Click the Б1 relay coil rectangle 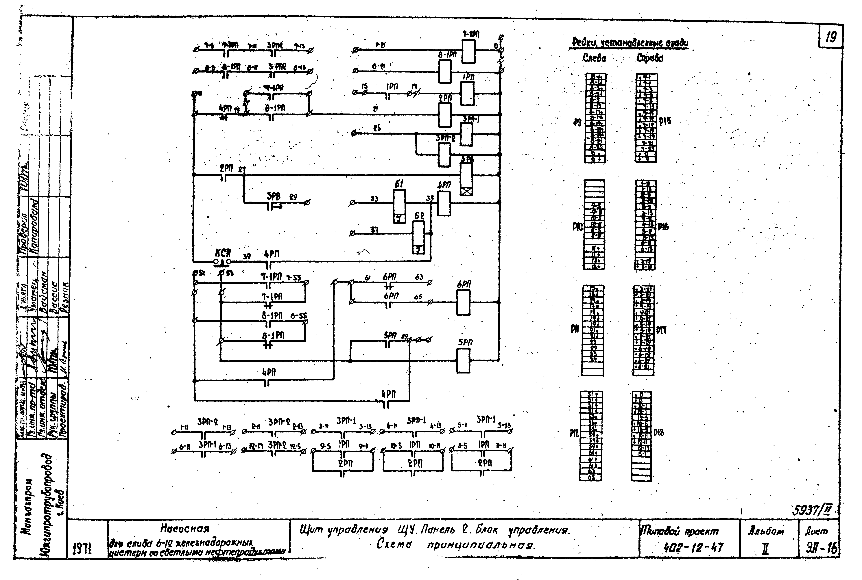click(399, 206)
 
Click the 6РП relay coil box click(463, 302)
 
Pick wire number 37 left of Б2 click(374, 230)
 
